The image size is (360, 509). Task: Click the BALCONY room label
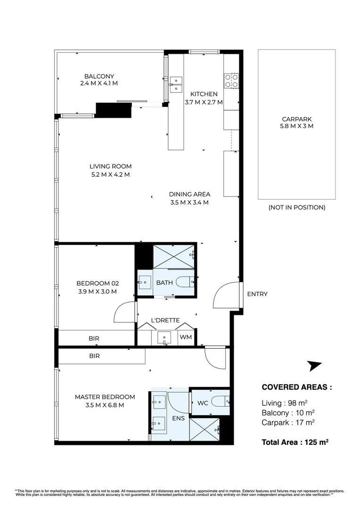[99, 76]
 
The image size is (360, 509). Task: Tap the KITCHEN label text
[204, 94]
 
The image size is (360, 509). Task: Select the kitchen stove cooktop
[232, 81]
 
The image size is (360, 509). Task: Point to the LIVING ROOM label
[110, 166]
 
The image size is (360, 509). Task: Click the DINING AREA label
[189, 194]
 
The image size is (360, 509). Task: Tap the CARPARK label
[297, 119]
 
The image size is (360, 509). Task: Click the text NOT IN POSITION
[297, 207]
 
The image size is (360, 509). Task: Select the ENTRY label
[257, 294]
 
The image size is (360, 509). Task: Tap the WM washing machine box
[186, 337]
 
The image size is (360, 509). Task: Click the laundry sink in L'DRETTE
[164, 338]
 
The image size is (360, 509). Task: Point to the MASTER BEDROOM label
[105, 397]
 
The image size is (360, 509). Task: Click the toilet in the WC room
[220, 402]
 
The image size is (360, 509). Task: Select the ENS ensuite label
[178, 418]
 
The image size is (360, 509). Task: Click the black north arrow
[314, 366]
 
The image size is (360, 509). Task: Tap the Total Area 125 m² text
[295, 442]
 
